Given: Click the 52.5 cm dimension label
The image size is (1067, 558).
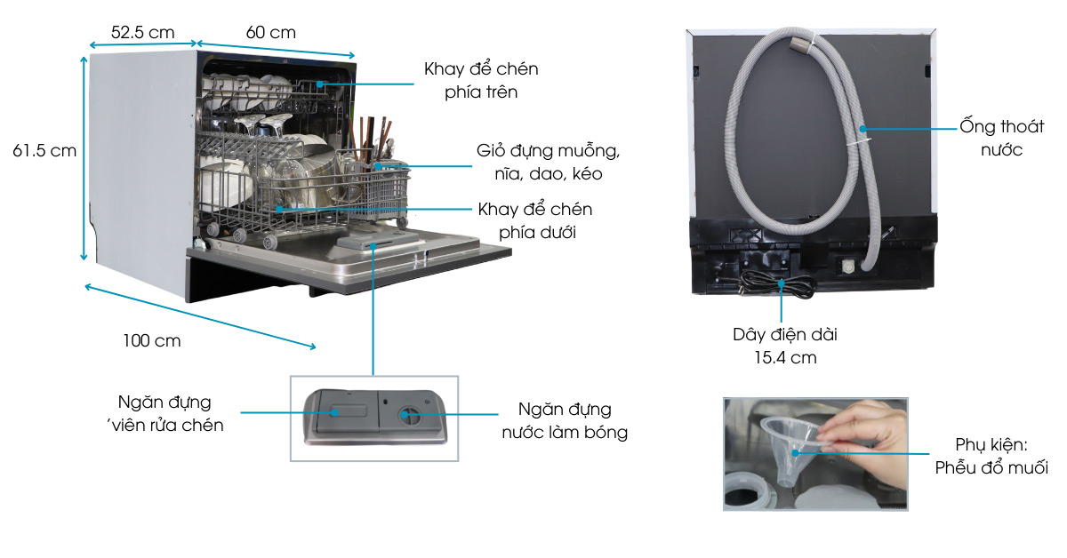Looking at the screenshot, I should [142, 32].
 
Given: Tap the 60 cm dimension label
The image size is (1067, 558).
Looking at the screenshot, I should [270, 32].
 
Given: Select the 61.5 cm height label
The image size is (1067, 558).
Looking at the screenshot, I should [44, 151].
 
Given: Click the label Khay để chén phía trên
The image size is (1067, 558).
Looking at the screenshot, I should [481, 80].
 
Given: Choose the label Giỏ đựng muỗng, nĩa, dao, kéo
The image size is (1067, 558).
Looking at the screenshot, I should [548, 162].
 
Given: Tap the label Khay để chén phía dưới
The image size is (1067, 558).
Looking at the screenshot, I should [534, 220].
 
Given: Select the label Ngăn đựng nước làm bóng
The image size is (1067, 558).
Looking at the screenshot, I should [565, 421].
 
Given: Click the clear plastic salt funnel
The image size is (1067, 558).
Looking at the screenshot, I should [794, 449].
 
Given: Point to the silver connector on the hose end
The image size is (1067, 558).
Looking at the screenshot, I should [802, 39].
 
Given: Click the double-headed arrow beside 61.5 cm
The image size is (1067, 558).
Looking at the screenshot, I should [84, 156].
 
